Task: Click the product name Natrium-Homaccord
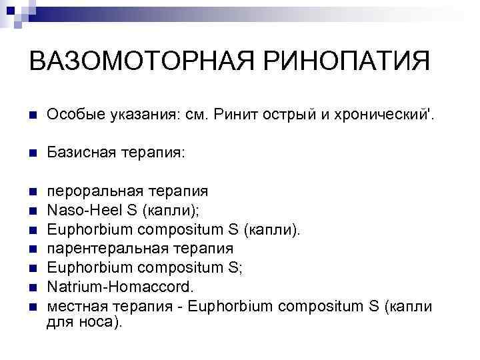(119, 287)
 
